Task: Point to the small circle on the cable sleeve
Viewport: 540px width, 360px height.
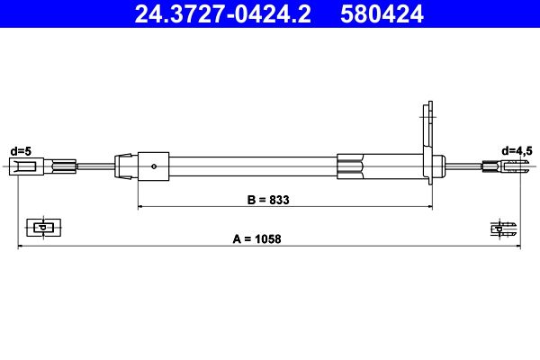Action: [155, 166]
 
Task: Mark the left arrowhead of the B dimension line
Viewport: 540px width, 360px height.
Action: [140, 207]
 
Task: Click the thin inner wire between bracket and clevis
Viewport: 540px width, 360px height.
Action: [463, 166]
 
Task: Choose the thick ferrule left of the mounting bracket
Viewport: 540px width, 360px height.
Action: [351, 166]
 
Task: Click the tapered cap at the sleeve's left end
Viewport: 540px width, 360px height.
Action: [120, 166]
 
